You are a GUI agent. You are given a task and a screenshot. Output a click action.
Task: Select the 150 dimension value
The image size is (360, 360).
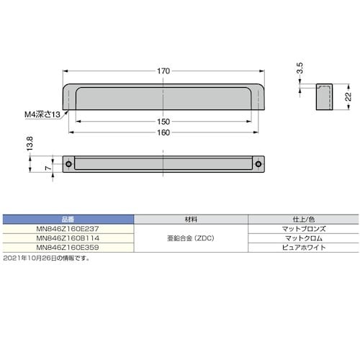(164, 122)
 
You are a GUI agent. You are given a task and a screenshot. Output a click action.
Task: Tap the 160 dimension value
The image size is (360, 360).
(164, 132)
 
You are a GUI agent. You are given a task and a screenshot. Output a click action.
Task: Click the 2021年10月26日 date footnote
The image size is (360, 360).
(46, 257)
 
